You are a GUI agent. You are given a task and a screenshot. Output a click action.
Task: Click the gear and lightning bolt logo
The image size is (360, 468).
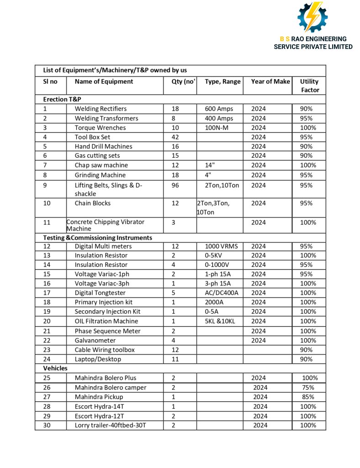coord(313,17)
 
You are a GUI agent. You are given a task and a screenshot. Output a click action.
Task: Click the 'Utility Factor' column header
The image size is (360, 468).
coord(309,85)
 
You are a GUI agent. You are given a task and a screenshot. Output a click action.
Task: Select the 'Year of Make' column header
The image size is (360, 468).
coord(270,81)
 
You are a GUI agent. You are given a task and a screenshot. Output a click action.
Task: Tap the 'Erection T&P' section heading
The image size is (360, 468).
coord(62,99)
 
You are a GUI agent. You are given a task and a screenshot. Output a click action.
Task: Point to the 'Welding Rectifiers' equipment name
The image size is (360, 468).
coord(101,109)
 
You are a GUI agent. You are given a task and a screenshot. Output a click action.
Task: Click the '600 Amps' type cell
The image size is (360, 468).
coord(219,109)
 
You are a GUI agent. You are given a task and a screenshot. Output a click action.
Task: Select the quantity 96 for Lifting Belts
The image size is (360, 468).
coord(175,185)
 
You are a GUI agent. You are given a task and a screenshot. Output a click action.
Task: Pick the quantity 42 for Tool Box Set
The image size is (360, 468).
coord(175,137)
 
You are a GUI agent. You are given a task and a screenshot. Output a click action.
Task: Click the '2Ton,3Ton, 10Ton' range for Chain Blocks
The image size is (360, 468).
coord(213,207)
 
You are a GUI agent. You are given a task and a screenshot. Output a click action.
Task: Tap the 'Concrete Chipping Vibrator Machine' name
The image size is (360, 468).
coord(105,225)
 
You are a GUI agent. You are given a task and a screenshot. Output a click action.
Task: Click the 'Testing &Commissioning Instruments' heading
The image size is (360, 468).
coord(97,238)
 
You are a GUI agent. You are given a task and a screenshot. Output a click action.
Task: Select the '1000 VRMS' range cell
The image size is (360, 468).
coord(222,246)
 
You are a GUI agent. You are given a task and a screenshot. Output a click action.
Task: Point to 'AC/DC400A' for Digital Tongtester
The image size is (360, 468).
coord(221,292)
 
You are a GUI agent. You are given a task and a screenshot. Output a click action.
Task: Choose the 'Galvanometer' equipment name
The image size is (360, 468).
coord(95,340)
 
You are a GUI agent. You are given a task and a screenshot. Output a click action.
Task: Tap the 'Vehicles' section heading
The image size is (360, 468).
coord(55,368)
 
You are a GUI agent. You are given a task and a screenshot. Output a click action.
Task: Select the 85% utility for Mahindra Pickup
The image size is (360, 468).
coord(308,397)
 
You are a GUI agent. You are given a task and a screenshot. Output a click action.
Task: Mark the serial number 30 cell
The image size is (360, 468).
coord(47,425)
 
